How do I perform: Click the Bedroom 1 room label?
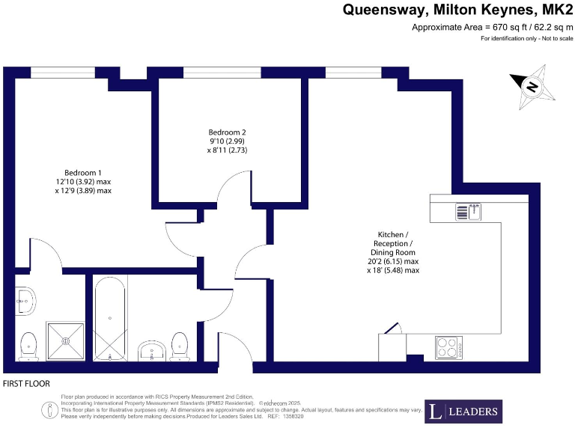pos(82,172)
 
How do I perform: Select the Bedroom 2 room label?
pos(227,132)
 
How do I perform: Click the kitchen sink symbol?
pos(469,212)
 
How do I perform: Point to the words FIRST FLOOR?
pos(27,384)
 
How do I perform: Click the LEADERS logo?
pos(463,412)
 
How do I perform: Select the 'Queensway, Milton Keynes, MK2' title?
pos(458,10)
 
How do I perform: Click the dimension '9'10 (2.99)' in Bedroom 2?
pos(227,141)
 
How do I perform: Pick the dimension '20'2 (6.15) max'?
pos(392,261)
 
